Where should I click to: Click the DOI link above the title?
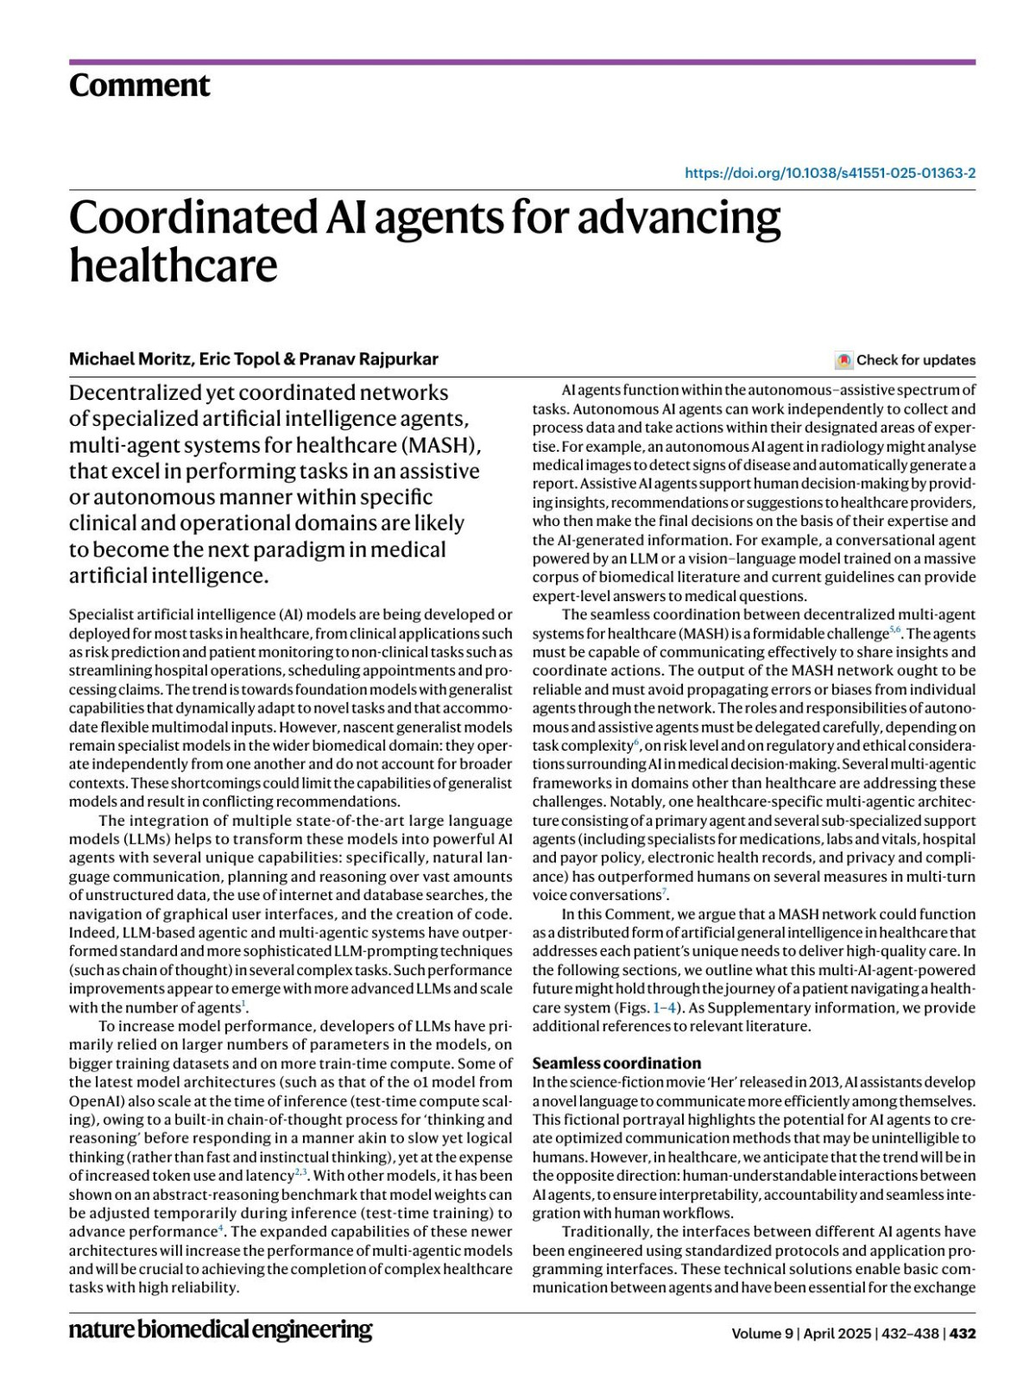pos(830,173)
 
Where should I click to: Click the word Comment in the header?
pos(139,86)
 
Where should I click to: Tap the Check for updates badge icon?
pos(843,360)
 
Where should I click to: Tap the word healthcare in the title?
pos(173,265)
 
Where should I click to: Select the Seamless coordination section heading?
pos(616,1062)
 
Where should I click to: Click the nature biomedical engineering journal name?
pos(220,1329)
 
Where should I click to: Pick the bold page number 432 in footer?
pos(963,1333)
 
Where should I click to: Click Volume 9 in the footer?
pos(761,1333)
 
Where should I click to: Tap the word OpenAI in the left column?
pos(92,1100)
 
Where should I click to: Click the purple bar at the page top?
pos(521,62)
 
